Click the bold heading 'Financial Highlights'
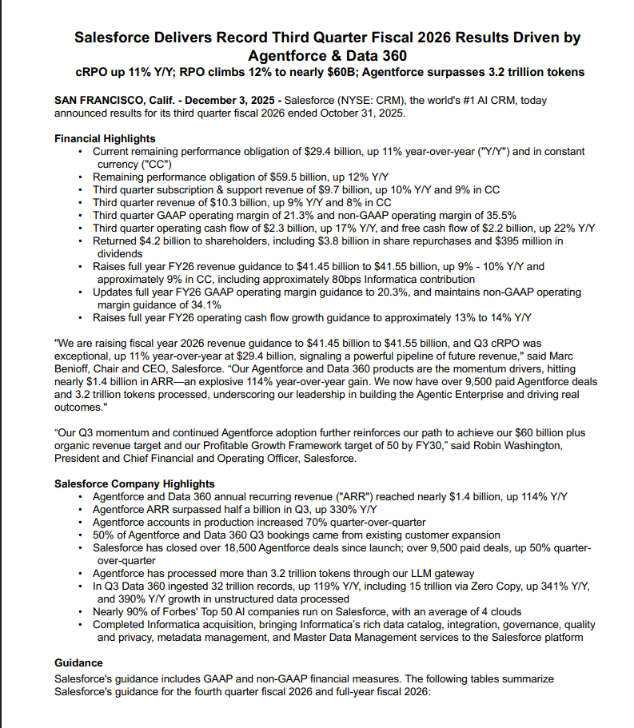click(x=105, y=138)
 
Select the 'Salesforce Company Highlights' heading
click(x=134, y=483)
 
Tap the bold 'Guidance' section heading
click(x=80, y=662)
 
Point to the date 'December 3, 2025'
click(x=231, y=100)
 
